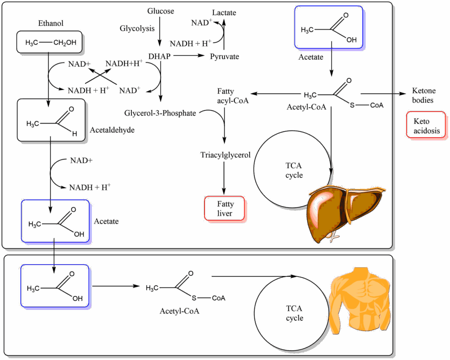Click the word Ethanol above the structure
click(51, 23)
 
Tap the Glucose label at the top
click(160, 11)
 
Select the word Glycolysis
click(137, 29)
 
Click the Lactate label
click(224, 12)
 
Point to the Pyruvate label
click(224, 56)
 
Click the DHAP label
click(159, 56)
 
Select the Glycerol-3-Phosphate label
click(160, 113)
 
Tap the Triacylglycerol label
click(225, 155)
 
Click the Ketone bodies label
click(424, 95)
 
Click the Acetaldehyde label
click(112, 130)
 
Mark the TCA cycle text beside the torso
click(294, 314)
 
